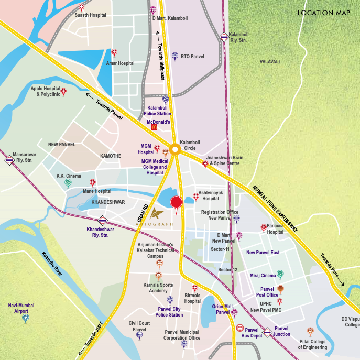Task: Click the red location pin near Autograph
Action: coord(176,203)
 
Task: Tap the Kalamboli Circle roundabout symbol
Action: coord(175,149)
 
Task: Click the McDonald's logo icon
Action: coord(154,127)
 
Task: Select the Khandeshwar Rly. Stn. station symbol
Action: coord(103,221)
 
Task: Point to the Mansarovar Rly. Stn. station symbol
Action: coord(9,160)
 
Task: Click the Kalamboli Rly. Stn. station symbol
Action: coord(224,37)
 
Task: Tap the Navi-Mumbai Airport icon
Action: coord(25,318)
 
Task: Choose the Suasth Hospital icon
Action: coord(81,7)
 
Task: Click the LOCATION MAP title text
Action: coord(323,13)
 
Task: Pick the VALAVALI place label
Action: coord(270,62)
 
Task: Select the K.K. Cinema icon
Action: coord(68,183)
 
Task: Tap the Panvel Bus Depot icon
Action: coord(240,330)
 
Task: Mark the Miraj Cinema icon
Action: coord(280,274)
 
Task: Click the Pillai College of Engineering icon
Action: coord(310,331)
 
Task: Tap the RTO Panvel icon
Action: coord(175,56)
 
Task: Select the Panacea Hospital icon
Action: coord(264,227)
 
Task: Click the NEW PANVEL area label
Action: coord(62,144)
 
